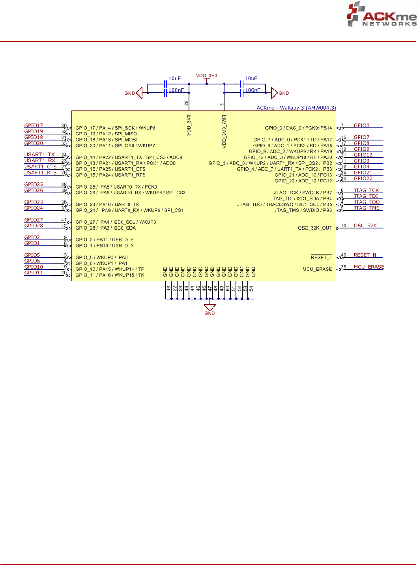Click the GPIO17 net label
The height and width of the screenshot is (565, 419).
coord(34,126)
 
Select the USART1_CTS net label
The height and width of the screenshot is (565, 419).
coord(40,167)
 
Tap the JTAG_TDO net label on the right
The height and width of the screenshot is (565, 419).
coord(367,202)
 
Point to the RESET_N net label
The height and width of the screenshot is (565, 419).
coord(365,255)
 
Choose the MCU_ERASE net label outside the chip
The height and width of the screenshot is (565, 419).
coord(368,267)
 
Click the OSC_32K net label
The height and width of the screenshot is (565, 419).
coord(365,226)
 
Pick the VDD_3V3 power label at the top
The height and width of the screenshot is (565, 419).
coord(207,76)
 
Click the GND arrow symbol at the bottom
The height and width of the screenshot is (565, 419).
coord(209,307)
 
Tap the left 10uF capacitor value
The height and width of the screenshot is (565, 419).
coord(174,79)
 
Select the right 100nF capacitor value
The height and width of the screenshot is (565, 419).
coord(253,90)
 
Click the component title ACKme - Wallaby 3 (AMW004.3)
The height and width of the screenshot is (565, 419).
coord(296,108)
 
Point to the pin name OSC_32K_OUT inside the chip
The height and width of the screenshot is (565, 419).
coord(315,228)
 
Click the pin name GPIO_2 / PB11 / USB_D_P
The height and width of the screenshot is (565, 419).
coord(105,240)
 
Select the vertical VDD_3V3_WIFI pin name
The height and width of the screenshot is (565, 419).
coord(224,131)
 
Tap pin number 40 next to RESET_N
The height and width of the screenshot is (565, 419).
coord(343,255)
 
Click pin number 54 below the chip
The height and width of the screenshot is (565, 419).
coord(251,289)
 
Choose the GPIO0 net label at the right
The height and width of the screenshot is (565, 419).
coord(361,126)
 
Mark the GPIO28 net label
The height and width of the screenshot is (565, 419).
coord(34,226)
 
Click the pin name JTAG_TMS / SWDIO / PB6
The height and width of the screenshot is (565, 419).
coord(303,210)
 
